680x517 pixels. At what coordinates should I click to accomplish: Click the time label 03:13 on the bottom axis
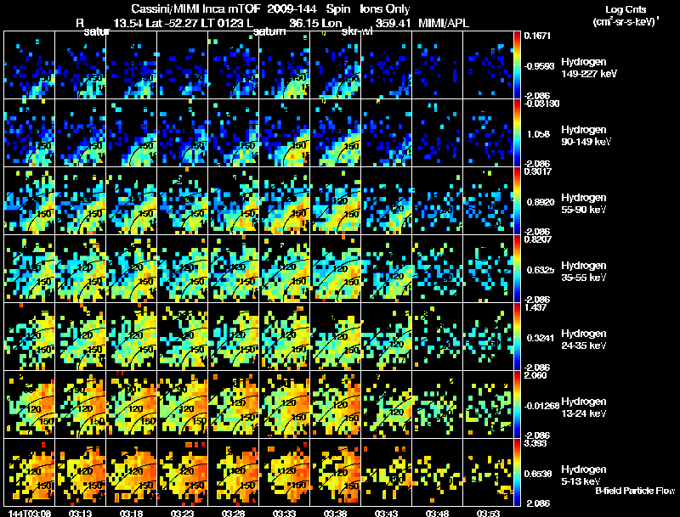(80, 513)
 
